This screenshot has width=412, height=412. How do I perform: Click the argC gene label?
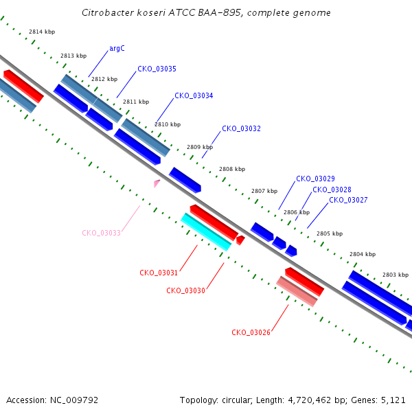(117, 49)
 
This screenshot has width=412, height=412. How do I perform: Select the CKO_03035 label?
(157, 69)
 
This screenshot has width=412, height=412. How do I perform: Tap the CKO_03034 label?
(194, 95)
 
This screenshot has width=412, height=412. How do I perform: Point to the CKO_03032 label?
(241, 128)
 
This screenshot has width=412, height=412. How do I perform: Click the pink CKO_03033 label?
(101, 233)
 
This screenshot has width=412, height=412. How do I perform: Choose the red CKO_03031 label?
(159, 273)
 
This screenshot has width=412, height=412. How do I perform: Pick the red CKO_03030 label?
(185, 290)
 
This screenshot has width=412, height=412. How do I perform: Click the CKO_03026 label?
(251, 332)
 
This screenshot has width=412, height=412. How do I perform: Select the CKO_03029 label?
(315, 179)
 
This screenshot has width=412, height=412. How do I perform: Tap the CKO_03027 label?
(348, 200)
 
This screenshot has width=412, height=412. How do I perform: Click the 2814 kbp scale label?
(42, 32)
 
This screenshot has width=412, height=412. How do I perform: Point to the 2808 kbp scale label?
(232, 169)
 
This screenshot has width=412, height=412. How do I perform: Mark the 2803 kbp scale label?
(396, 275)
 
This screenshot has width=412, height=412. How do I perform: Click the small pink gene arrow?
(157, 183)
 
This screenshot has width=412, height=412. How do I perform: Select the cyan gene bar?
(206, 232)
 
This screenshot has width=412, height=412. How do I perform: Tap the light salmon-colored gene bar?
(297, 291)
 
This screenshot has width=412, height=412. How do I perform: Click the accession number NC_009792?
(74, 400)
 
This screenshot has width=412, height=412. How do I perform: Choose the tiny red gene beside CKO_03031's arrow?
(240, 240)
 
